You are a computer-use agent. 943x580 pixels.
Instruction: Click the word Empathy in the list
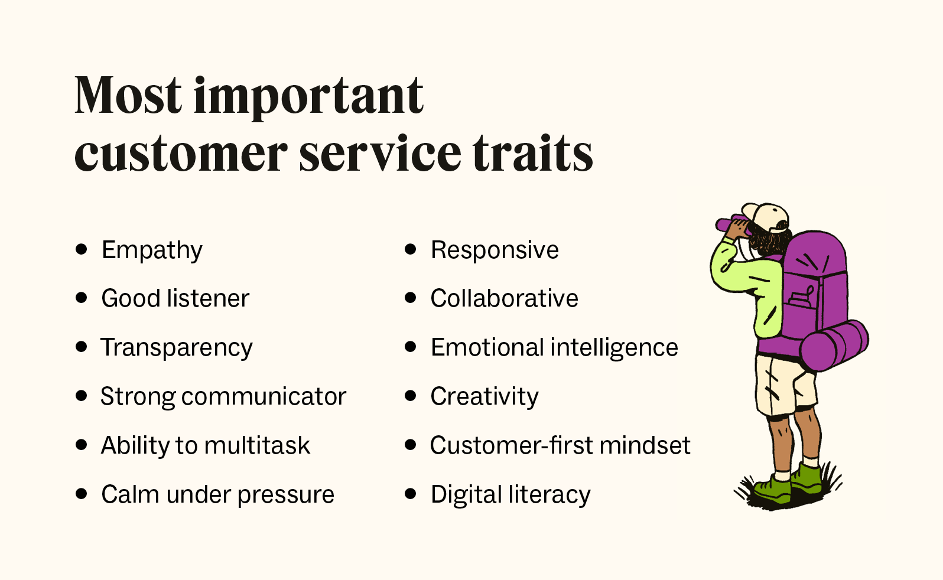tap(152, 250)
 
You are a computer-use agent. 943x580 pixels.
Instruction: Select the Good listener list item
tap(175, 299)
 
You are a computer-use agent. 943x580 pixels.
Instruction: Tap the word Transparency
tap(176, 348)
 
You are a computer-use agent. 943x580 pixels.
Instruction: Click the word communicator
tap(264, 396)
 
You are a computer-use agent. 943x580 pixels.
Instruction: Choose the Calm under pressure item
tap(217, 494)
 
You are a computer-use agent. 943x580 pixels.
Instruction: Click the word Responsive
tap(495, 250)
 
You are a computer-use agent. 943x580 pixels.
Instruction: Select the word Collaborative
tap(504, 299)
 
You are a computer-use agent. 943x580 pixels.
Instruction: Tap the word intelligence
tap(614, 348)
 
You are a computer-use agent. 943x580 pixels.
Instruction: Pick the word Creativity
tap(484, 396)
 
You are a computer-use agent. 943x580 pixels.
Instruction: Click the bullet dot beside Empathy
tap(82, 249)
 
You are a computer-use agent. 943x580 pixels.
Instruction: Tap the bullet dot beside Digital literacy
tap(411, 493)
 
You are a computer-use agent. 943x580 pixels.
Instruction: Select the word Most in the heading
tap(128, 96)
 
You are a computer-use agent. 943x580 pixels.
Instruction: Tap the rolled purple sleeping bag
tap(834, 345)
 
